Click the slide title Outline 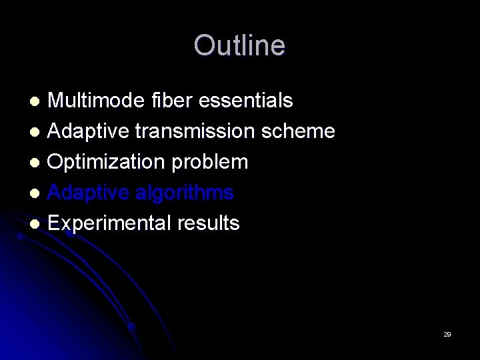coord(239,45)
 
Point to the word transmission coord(193,131)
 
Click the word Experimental coord(109,223)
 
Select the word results coord(209,223)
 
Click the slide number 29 coord(447,334)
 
